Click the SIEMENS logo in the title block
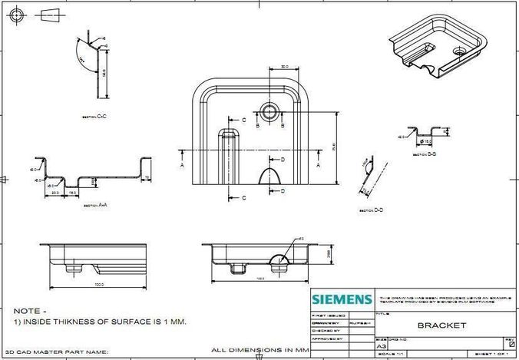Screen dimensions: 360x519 (x=342, y=299)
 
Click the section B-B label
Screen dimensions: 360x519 (x=425, y=154)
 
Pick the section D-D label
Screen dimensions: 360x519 (x=375, y=208)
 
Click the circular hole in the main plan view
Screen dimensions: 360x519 (x=269, y=111)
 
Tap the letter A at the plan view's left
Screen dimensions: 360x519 (x=182, y=164)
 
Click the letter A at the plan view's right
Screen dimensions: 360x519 (x=318, y=164)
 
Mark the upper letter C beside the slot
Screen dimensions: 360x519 (x=243, y=121)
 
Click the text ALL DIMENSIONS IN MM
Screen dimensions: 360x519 (x=259, y=350)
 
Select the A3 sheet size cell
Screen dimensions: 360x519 (x=382, y=347)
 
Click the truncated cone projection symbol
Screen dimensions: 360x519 (x=49, y=14)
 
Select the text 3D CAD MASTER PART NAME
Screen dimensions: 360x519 (x=57, y=352)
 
